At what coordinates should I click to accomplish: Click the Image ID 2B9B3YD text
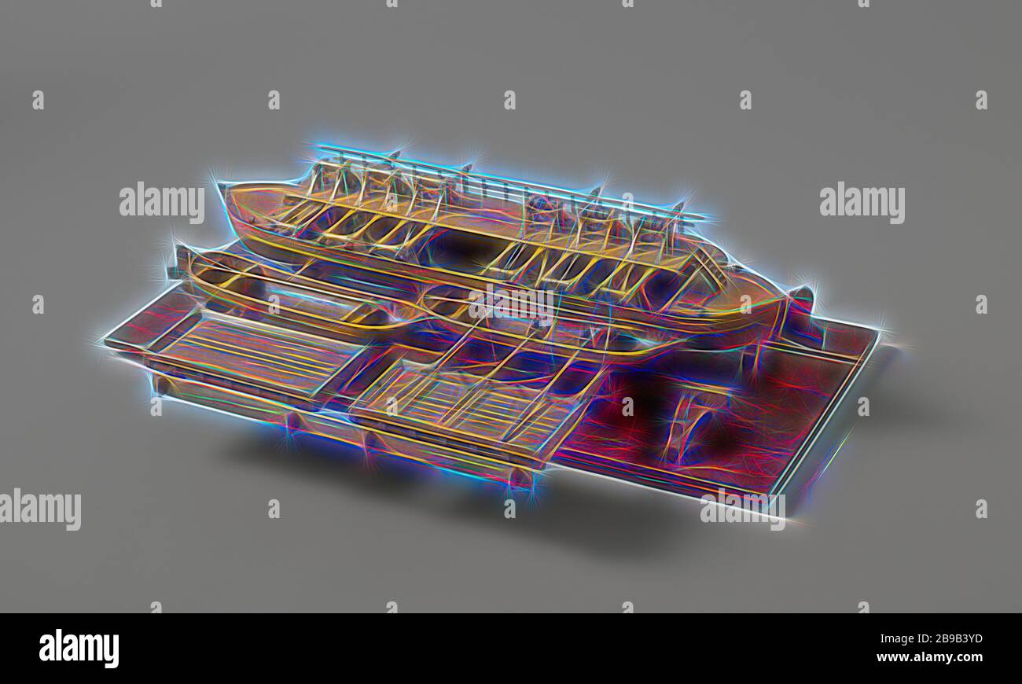pyautogui.click(x=932, y=638)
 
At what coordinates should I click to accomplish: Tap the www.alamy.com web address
pyautogui.click(x=929, y=657)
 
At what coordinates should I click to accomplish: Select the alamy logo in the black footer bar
pyautogui.click(x=79, y=649)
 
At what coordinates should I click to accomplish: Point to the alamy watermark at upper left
pyautogui.click(x=162, y=203)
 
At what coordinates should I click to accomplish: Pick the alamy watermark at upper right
pyautogui.click(x=862, y=203)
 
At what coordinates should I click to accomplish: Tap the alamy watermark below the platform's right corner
pyautogui.click(x=743, y=509)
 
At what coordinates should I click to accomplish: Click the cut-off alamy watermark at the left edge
pyautogui.click(x=40, y=509)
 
